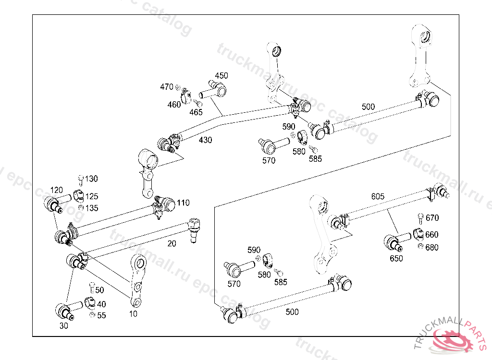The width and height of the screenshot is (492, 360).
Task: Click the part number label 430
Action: [x=205, y=140]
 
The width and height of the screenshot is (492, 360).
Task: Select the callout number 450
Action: [x=221, y=76]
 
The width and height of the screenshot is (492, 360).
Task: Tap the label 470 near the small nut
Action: [x=166, y=87]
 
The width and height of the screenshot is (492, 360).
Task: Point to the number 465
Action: [x=196, y=112]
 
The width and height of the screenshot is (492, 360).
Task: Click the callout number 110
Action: [x=183, y=203]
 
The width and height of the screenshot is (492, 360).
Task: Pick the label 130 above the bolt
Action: [x=91, y=179]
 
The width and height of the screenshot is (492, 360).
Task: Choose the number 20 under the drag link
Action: [x=172, y=243]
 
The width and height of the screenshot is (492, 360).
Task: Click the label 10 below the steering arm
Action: [x=133, y=314]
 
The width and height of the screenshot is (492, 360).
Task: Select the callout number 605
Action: [x=378, y=196]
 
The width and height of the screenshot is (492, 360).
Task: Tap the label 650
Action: [x=396, y=258]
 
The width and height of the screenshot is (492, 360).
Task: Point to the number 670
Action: [x=432, y=218]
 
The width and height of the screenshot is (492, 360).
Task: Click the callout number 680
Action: [x=432, y=248]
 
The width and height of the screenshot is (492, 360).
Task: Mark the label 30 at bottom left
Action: [x=64, y=325]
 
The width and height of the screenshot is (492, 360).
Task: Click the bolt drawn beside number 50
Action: [x=92, y=288]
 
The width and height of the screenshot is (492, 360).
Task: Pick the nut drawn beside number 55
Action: [x=92, y=315]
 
